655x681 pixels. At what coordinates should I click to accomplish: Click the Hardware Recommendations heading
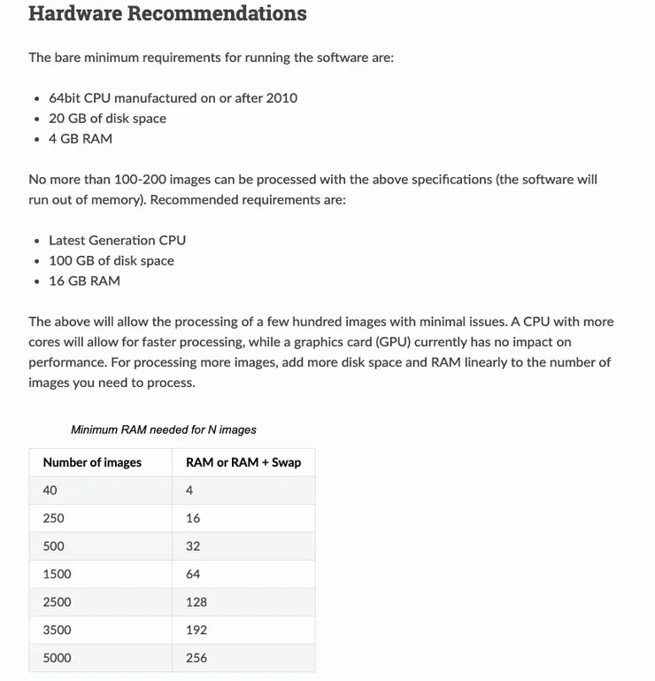pyautogui.click(x=167, y=14)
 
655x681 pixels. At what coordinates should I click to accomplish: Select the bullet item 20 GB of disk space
pyautogui.click(x=107, y=119)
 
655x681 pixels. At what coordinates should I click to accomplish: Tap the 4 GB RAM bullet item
pyautogui.click(x=81, y=139)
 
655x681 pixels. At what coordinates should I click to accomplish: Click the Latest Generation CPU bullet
pyautogui.click(x=117, y=240)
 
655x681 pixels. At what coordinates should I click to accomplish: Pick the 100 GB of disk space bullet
pyautogui.click(x=112, y=260)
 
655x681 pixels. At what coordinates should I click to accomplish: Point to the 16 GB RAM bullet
pyautogui.click(x=84, y=281)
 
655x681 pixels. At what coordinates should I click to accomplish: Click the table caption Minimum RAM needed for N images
pyautogui.click(x=164, y=430)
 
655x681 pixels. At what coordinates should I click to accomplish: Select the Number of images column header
pyautogui.click(x=92, y=462)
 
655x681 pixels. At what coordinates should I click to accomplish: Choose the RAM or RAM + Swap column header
pyautogui.click(x=243, y=462)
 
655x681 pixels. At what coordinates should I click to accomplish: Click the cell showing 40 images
pyautogui.click(x=50, y=491)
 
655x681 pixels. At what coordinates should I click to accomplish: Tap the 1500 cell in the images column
pyautogui.click(x=57, y=574)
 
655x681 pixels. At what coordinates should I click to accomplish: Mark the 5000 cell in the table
pyautogui.click(x=57, y=658)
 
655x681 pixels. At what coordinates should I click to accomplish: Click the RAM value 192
pyautogui.click(x=196, y=630)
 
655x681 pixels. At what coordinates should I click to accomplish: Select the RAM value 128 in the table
pyautogui.click(x=196, y=602)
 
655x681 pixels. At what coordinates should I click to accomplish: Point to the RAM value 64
pyautogui.click(x=193, y=574)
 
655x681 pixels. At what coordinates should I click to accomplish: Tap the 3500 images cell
pyautogui.click(x=57, y=630)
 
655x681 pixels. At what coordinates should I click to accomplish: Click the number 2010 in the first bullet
pyautogui.click(x=282, y=98)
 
